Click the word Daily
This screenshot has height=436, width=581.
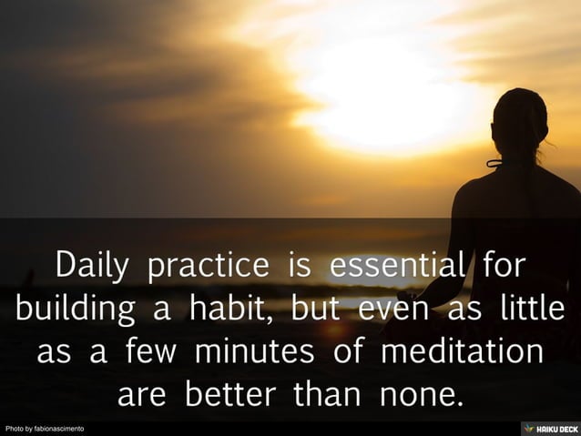[x=95, y=266]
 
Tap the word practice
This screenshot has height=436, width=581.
[x=209, y=266]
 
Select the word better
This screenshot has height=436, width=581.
[x=234, y=394]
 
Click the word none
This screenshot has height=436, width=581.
[x=419, y=394]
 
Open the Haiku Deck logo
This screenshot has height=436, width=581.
[x=550, y=428]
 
